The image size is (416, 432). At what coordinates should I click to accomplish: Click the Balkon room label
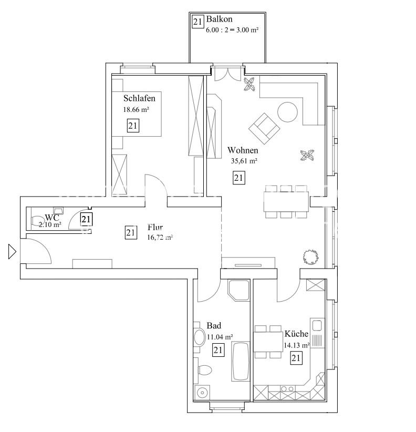[220, 19]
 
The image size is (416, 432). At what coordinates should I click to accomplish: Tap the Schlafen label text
[139, 98]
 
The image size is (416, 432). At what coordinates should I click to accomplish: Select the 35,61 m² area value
[244, 161]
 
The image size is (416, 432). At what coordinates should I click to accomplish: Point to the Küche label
[296, 334]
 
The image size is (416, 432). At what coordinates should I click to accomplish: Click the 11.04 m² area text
[220, 337]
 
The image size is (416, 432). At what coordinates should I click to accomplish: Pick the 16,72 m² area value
[160, 237]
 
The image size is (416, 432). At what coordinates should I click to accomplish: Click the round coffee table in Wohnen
[288, 112]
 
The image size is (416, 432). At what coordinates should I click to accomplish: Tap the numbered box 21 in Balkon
[197, 22]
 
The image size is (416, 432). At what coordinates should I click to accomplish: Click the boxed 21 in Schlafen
[133, 126]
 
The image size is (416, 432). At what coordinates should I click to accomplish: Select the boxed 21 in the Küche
[296, 358]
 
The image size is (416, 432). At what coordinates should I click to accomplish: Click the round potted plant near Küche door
[311, 256]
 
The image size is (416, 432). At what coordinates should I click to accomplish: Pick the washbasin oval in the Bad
[200, 337]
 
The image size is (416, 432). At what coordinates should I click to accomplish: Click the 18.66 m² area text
[136, 110]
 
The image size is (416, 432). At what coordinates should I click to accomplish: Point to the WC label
[52, 218]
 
